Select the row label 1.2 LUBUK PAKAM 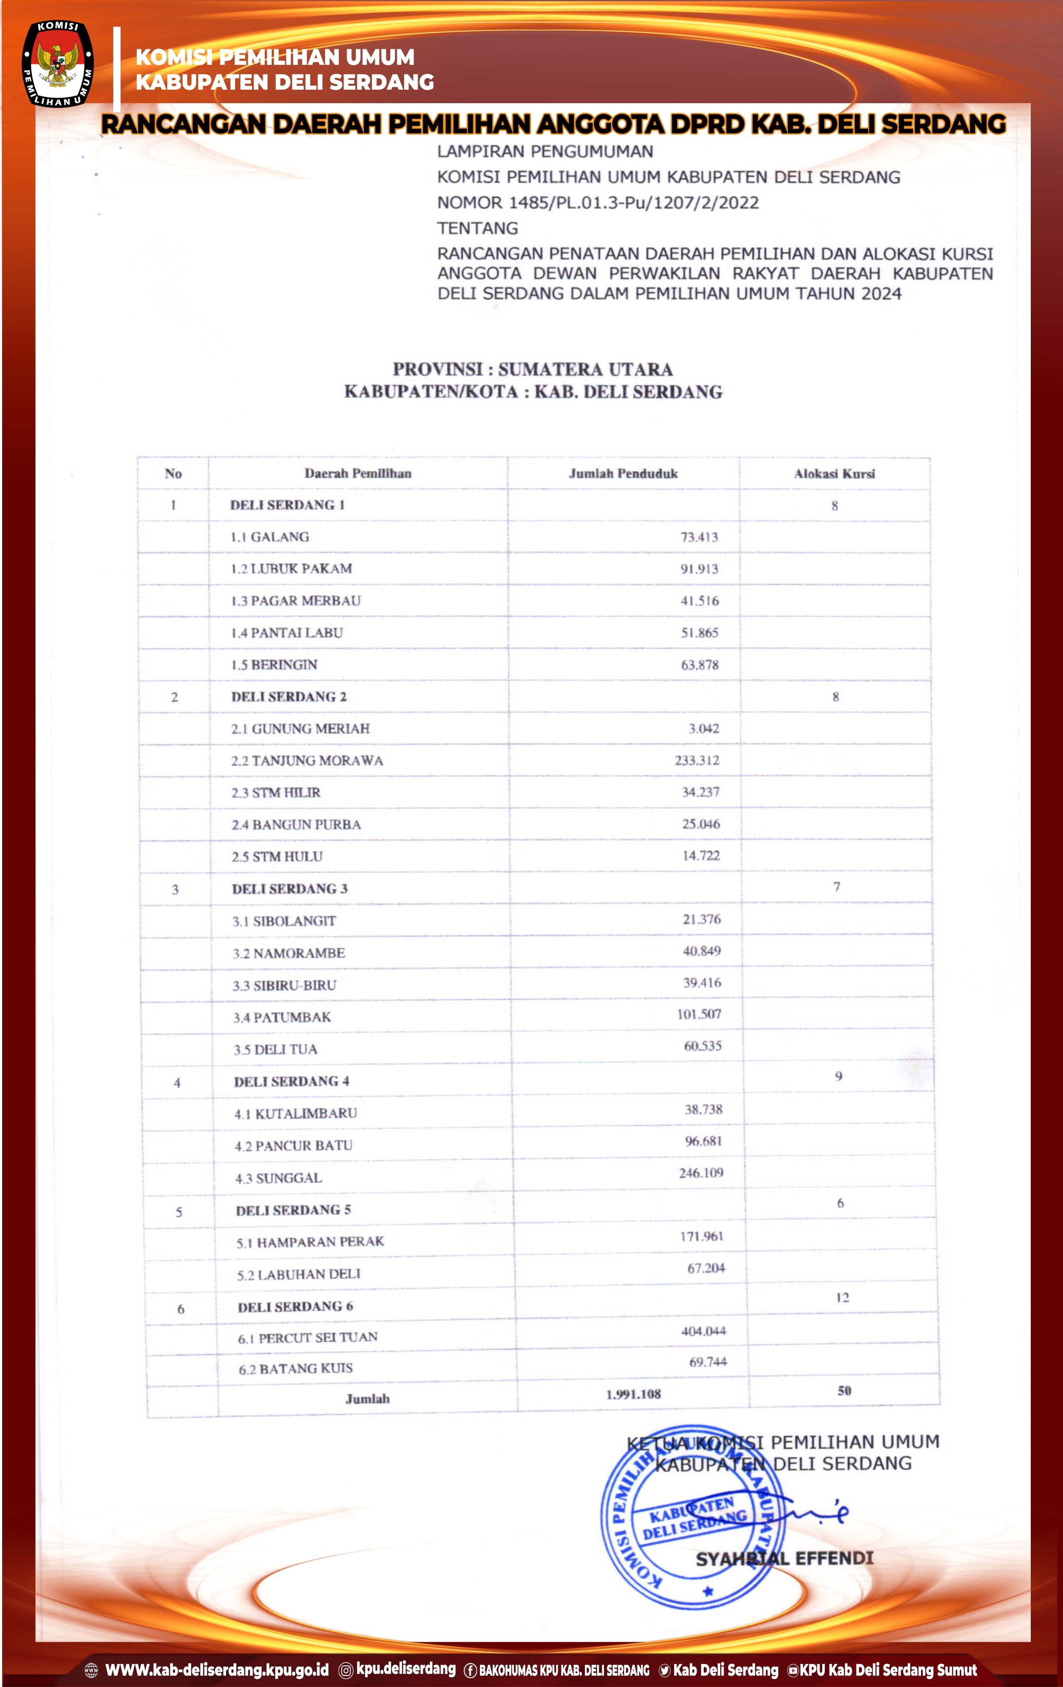[x=291, y=569]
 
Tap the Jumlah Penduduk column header [x=623, y=474]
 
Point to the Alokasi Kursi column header [x=834, y=474]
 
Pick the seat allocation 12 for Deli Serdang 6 [x=842, y=1297]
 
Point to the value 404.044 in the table [x=704, y=1331]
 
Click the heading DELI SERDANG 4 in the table [x=291, y=1082]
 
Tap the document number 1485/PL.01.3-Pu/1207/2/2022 [x=634, y=203]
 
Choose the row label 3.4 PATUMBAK [x=282, y=1017]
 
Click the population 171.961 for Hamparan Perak [x=702, y=1236]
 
